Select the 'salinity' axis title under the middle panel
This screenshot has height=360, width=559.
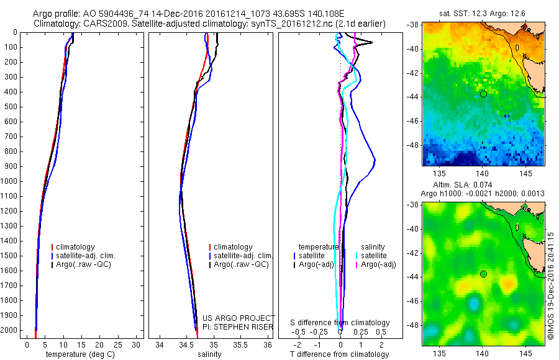208,354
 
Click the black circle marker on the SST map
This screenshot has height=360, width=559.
483,94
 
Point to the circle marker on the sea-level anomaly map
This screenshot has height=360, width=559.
483,274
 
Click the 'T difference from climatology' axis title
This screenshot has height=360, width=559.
339,354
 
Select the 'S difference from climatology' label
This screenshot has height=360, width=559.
340,323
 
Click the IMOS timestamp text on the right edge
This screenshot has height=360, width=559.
551,286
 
